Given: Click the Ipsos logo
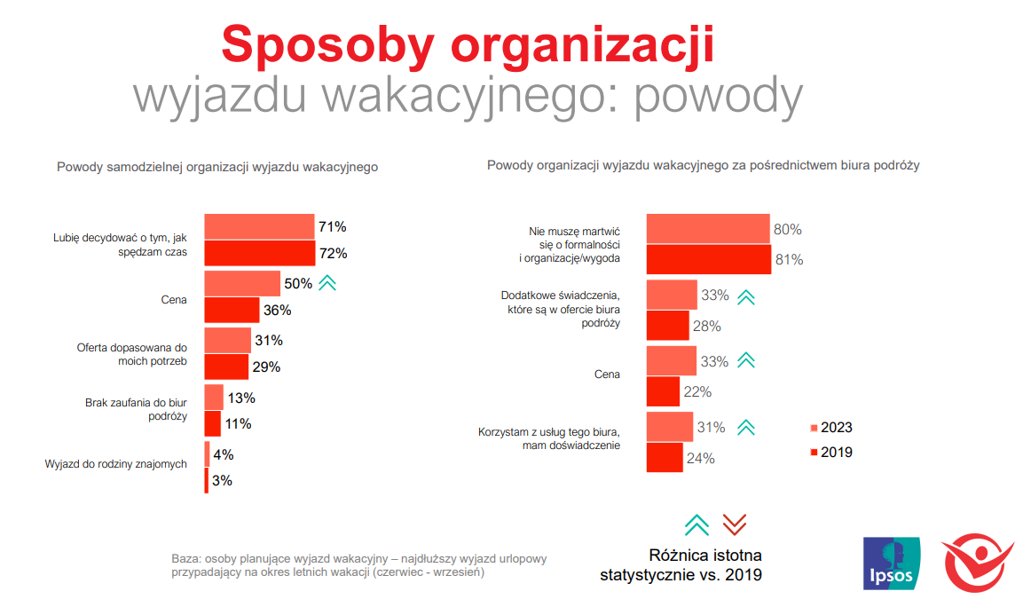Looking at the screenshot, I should click(892, 564).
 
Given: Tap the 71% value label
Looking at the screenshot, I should click(333, 227).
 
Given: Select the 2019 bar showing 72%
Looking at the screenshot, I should click(259, 254).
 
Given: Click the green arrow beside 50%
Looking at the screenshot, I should click(327, 284).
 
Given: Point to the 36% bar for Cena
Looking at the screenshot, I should click(232, 311).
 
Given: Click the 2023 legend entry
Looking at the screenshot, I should click(831, 428).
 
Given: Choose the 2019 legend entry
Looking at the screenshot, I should click(831, 453).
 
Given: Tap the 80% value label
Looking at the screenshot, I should click(787, 230).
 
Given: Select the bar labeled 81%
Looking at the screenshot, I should click(707, 260).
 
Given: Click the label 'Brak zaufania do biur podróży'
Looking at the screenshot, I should click(136, 409).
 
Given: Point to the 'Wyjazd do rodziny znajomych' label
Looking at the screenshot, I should click(115, 463).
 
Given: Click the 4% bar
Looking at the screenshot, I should click(207, 454).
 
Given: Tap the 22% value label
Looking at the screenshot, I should click(697, 392).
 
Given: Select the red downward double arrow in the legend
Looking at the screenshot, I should click(734, 525).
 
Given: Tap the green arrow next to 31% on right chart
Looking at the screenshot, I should click(746, 428).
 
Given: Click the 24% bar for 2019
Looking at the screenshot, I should click(665, 458).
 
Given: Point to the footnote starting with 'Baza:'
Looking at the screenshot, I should click(359, 565).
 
